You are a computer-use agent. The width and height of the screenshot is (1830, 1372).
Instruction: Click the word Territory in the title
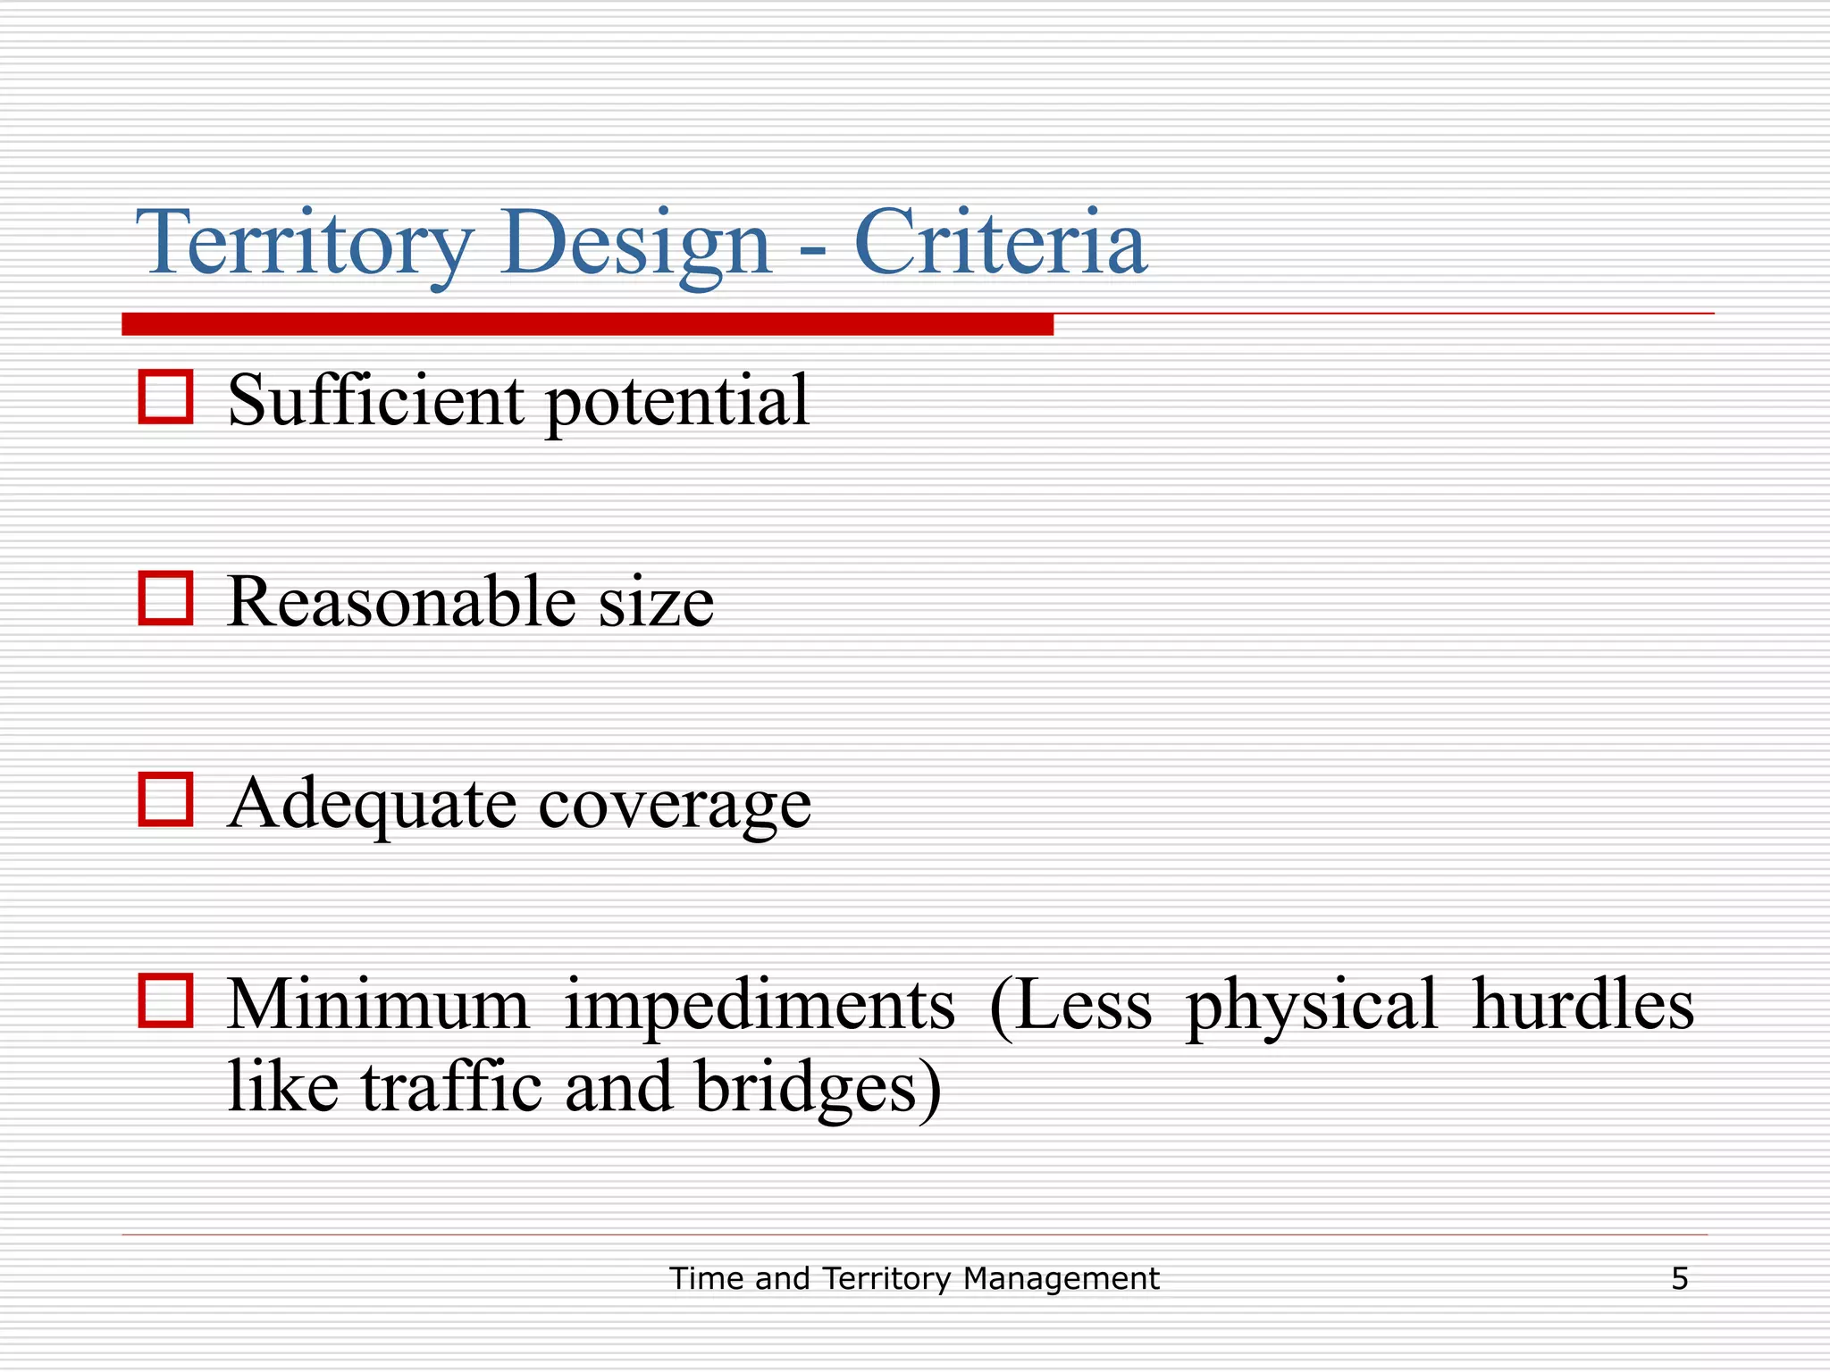[304, 243]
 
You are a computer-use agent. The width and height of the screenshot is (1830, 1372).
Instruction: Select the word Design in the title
[635, 243]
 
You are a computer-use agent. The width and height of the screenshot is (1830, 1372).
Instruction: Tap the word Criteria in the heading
[1000, 243]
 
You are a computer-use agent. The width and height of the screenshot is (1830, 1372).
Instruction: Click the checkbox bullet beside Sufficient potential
[165, 397]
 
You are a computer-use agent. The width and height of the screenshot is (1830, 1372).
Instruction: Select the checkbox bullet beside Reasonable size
[165, 598]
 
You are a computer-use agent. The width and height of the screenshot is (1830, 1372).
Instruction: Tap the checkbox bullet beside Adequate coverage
[165, 799]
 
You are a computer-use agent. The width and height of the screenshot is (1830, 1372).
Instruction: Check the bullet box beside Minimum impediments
[165, 1000]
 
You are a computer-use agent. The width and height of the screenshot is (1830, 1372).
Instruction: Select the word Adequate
[372, 804]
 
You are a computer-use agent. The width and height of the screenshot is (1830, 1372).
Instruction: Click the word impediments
[760, 1006]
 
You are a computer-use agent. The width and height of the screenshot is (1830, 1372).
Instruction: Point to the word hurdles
[1582, 1004]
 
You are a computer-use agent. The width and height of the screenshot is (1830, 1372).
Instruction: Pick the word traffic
[451, 1087]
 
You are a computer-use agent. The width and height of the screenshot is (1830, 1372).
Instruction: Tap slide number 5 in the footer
[1679, 1279]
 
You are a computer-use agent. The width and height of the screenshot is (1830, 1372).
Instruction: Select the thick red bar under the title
[587, 324]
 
